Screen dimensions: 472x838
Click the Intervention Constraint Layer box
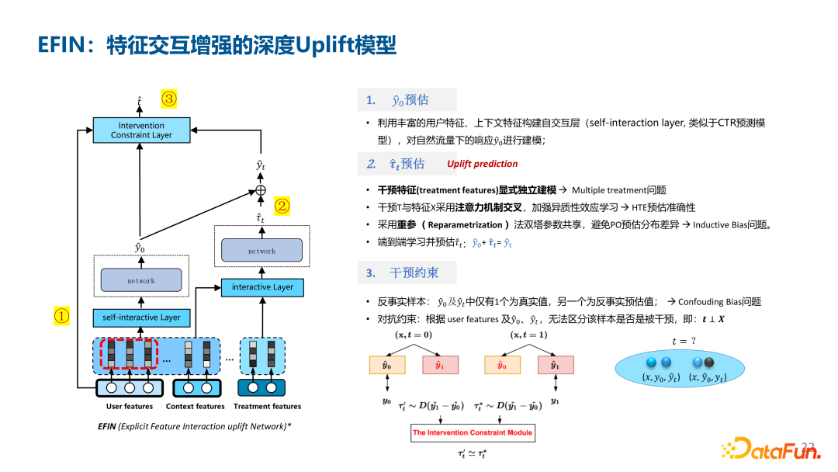pos(141,130)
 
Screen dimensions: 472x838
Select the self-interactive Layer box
pos(141,317)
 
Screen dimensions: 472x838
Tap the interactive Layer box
pos(262,286)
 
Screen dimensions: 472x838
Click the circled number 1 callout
pos(61,316)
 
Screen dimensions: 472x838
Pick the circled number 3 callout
pos(169,99)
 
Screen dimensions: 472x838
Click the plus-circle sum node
pos(261,190)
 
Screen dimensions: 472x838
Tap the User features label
pos(130,406)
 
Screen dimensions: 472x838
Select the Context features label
pos(195,406)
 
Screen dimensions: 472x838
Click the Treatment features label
pos(267,406)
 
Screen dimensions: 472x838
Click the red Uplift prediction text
pos(482,164)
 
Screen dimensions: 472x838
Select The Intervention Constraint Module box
pos(473,432)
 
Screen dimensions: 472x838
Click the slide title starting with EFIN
pos(217,46)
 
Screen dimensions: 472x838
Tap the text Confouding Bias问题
pos(719,301)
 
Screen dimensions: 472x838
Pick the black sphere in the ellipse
pos(709,362)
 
